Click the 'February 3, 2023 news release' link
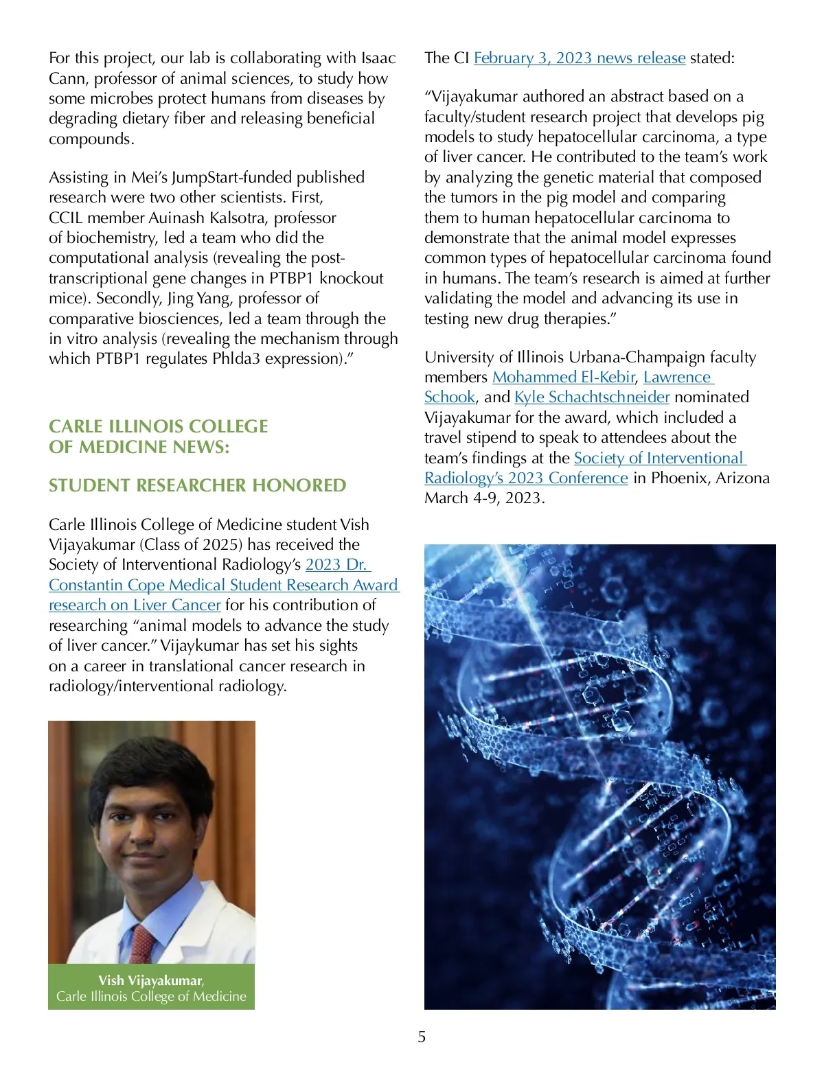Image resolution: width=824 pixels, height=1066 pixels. click(580, 58)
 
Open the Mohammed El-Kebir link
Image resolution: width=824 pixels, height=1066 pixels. click(564, 378)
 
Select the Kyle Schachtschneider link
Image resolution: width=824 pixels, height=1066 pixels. click(592, 397)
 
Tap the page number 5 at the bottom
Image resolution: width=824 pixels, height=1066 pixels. click(422, 1036)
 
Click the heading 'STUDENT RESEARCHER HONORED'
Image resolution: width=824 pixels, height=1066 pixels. click(197, 485)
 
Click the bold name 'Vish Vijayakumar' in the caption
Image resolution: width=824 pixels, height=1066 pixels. click(150, 980)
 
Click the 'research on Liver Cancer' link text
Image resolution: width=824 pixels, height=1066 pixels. click(135, 605)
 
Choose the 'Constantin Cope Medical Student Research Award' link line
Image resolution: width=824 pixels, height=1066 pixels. click(223, 586)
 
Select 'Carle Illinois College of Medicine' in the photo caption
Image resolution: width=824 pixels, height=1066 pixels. click(151, 997)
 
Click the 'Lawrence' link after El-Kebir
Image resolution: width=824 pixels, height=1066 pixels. click(677, 378)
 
